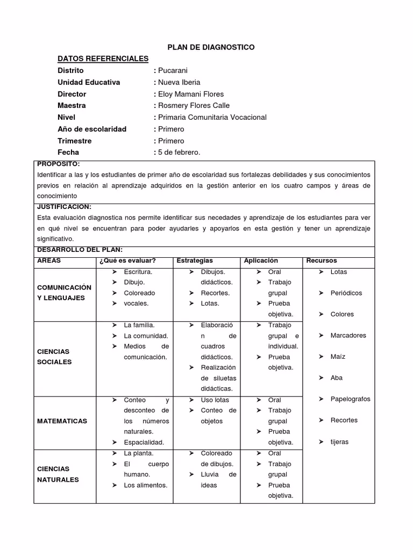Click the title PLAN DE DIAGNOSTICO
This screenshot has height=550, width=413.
point(207,47)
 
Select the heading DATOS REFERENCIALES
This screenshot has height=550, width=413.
point(103,59)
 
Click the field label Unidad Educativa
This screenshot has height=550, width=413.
point(89,82)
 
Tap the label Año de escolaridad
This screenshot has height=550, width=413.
point(92,129)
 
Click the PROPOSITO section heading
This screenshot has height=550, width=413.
point(58,164)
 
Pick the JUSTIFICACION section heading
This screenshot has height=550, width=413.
point(64,207)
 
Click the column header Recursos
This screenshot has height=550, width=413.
point(322,260)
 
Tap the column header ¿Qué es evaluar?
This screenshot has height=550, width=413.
point(127,260)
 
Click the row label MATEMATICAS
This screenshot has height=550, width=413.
point(62,421)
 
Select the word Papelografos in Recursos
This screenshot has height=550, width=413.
point(350,399)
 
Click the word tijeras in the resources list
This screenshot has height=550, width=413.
point(339,442)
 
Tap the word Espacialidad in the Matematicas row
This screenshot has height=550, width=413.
point(144,443)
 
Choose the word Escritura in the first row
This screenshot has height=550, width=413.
point(138,272)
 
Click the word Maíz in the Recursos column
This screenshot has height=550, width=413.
point(338,357)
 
